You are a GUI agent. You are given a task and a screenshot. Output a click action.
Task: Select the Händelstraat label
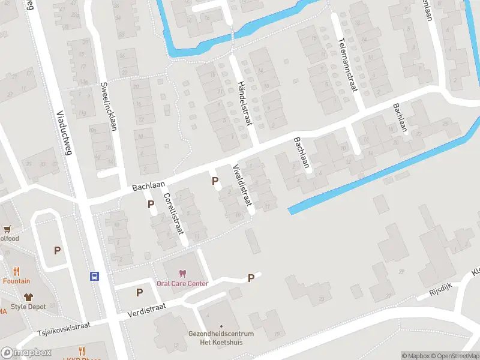243,103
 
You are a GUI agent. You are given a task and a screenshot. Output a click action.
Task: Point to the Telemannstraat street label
347,65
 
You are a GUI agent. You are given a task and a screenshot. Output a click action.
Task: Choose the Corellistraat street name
175,213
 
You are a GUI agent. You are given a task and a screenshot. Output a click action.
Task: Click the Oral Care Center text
182,284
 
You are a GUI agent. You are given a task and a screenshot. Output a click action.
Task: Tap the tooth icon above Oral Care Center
182,274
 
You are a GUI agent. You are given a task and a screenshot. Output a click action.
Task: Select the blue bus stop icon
95,277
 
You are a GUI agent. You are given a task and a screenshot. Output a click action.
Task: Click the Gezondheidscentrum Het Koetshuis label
221,338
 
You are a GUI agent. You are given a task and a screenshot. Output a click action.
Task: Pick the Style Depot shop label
27,307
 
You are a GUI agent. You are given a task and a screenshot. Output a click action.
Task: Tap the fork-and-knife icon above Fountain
16,271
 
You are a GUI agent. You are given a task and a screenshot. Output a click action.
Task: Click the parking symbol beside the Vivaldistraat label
214,181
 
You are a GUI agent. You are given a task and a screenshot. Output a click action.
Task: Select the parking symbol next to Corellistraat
151,204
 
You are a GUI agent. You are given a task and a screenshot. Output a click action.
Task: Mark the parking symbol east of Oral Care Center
251,278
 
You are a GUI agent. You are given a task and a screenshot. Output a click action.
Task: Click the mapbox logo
26,353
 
